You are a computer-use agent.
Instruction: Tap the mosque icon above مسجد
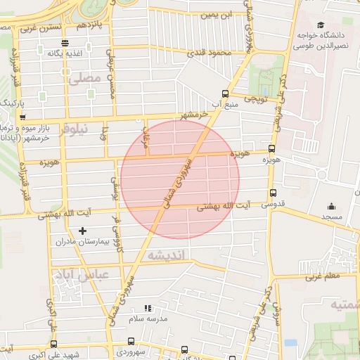[331, 207]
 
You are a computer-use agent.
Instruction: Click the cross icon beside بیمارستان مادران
[83, 231]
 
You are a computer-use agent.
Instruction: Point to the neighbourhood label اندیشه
[166, 257]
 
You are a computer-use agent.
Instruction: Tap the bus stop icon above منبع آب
[225, 93]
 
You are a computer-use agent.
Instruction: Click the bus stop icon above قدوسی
[273, 193]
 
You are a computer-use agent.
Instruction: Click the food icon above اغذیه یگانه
[65, 43]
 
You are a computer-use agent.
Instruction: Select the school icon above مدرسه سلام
[148, 308]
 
